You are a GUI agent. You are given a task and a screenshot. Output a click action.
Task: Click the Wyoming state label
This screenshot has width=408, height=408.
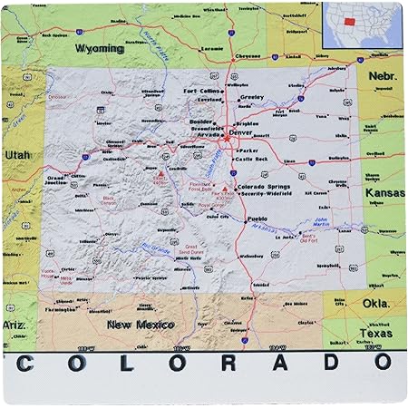coord(101,46)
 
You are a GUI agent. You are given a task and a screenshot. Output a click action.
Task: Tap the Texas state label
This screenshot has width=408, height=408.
coord(380,334)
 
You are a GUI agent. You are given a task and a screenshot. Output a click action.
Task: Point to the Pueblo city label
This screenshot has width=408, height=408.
coord(257,219)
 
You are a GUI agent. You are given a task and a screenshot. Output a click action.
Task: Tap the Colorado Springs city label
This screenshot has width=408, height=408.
coord(264,187)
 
